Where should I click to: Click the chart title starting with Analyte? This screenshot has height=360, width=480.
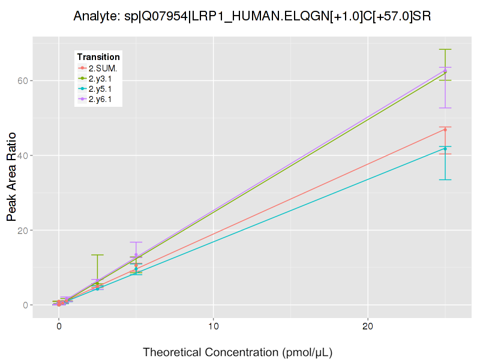pos(252,16)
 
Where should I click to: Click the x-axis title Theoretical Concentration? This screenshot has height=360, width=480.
pos(238,352)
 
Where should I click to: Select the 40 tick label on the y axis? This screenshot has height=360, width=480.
pos(20,155)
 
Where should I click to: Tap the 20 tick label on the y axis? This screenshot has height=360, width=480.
pos(20,230)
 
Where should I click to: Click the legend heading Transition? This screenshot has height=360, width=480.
pos(98,57)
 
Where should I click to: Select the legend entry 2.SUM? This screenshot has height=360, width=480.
pos(103,68)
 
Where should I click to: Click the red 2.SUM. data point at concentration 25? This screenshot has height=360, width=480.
pos(445,130)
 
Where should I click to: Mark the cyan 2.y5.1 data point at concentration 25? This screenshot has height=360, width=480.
pos(445,149)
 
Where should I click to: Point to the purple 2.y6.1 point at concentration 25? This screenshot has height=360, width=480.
pos(445,71)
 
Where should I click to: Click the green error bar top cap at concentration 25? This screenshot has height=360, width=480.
pos(445,49)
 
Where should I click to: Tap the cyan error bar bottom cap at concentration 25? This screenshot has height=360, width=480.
pos(445,180)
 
